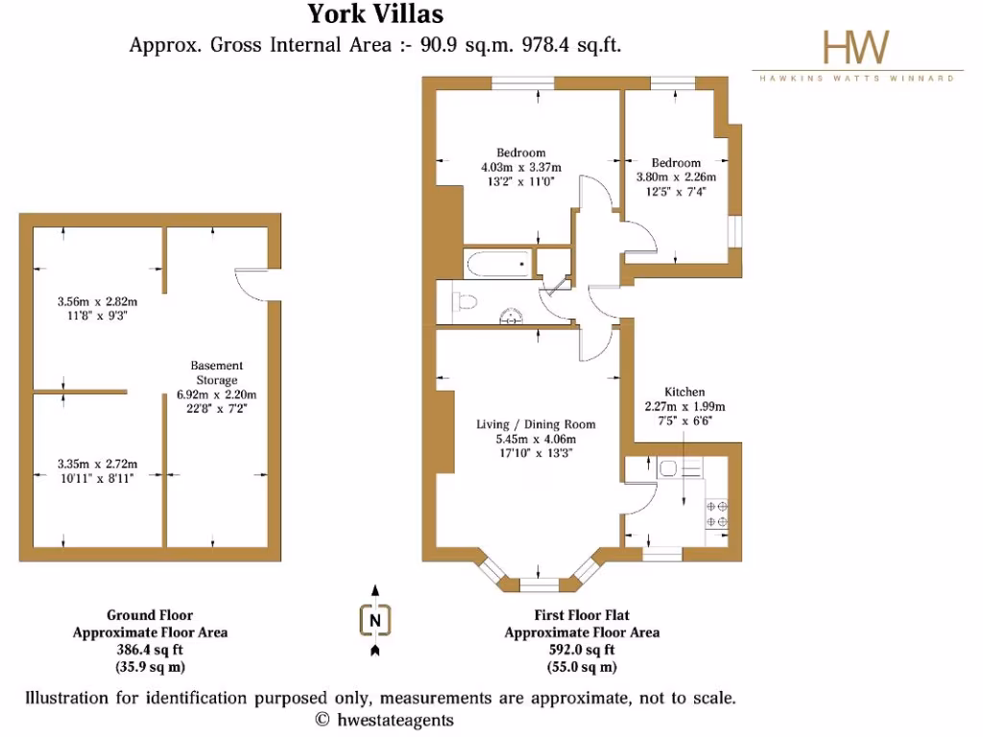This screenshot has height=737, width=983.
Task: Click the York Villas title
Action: click(x=375, y=13)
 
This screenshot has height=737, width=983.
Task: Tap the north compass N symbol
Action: click(x=375, y=621)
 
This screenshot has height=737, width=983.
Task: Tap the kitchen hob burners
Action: click(x=716, y=513)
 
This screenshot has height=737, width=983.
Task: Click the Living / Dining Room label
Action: click(x=536, y=424)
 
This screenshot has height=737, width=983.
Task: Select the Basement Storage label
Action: click(x=216, y=372)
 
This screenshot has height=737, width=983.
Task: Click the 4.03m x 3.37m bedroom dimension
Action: click(x=520, y=167)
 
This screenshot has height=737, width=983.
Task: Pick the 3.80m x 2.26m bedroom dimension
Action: click(x=675, y=177)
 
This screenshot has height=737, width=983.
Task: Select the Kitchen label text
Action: click(x=684, y=392)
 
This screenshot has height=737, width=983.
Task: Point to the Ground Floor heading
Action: click(x=149, y=615)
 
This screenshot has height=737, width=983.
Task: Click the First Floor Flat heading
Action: click(x=582, y=615)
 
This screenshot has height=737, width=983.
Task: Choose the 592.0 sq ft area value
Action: click(x=582, y=650)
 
